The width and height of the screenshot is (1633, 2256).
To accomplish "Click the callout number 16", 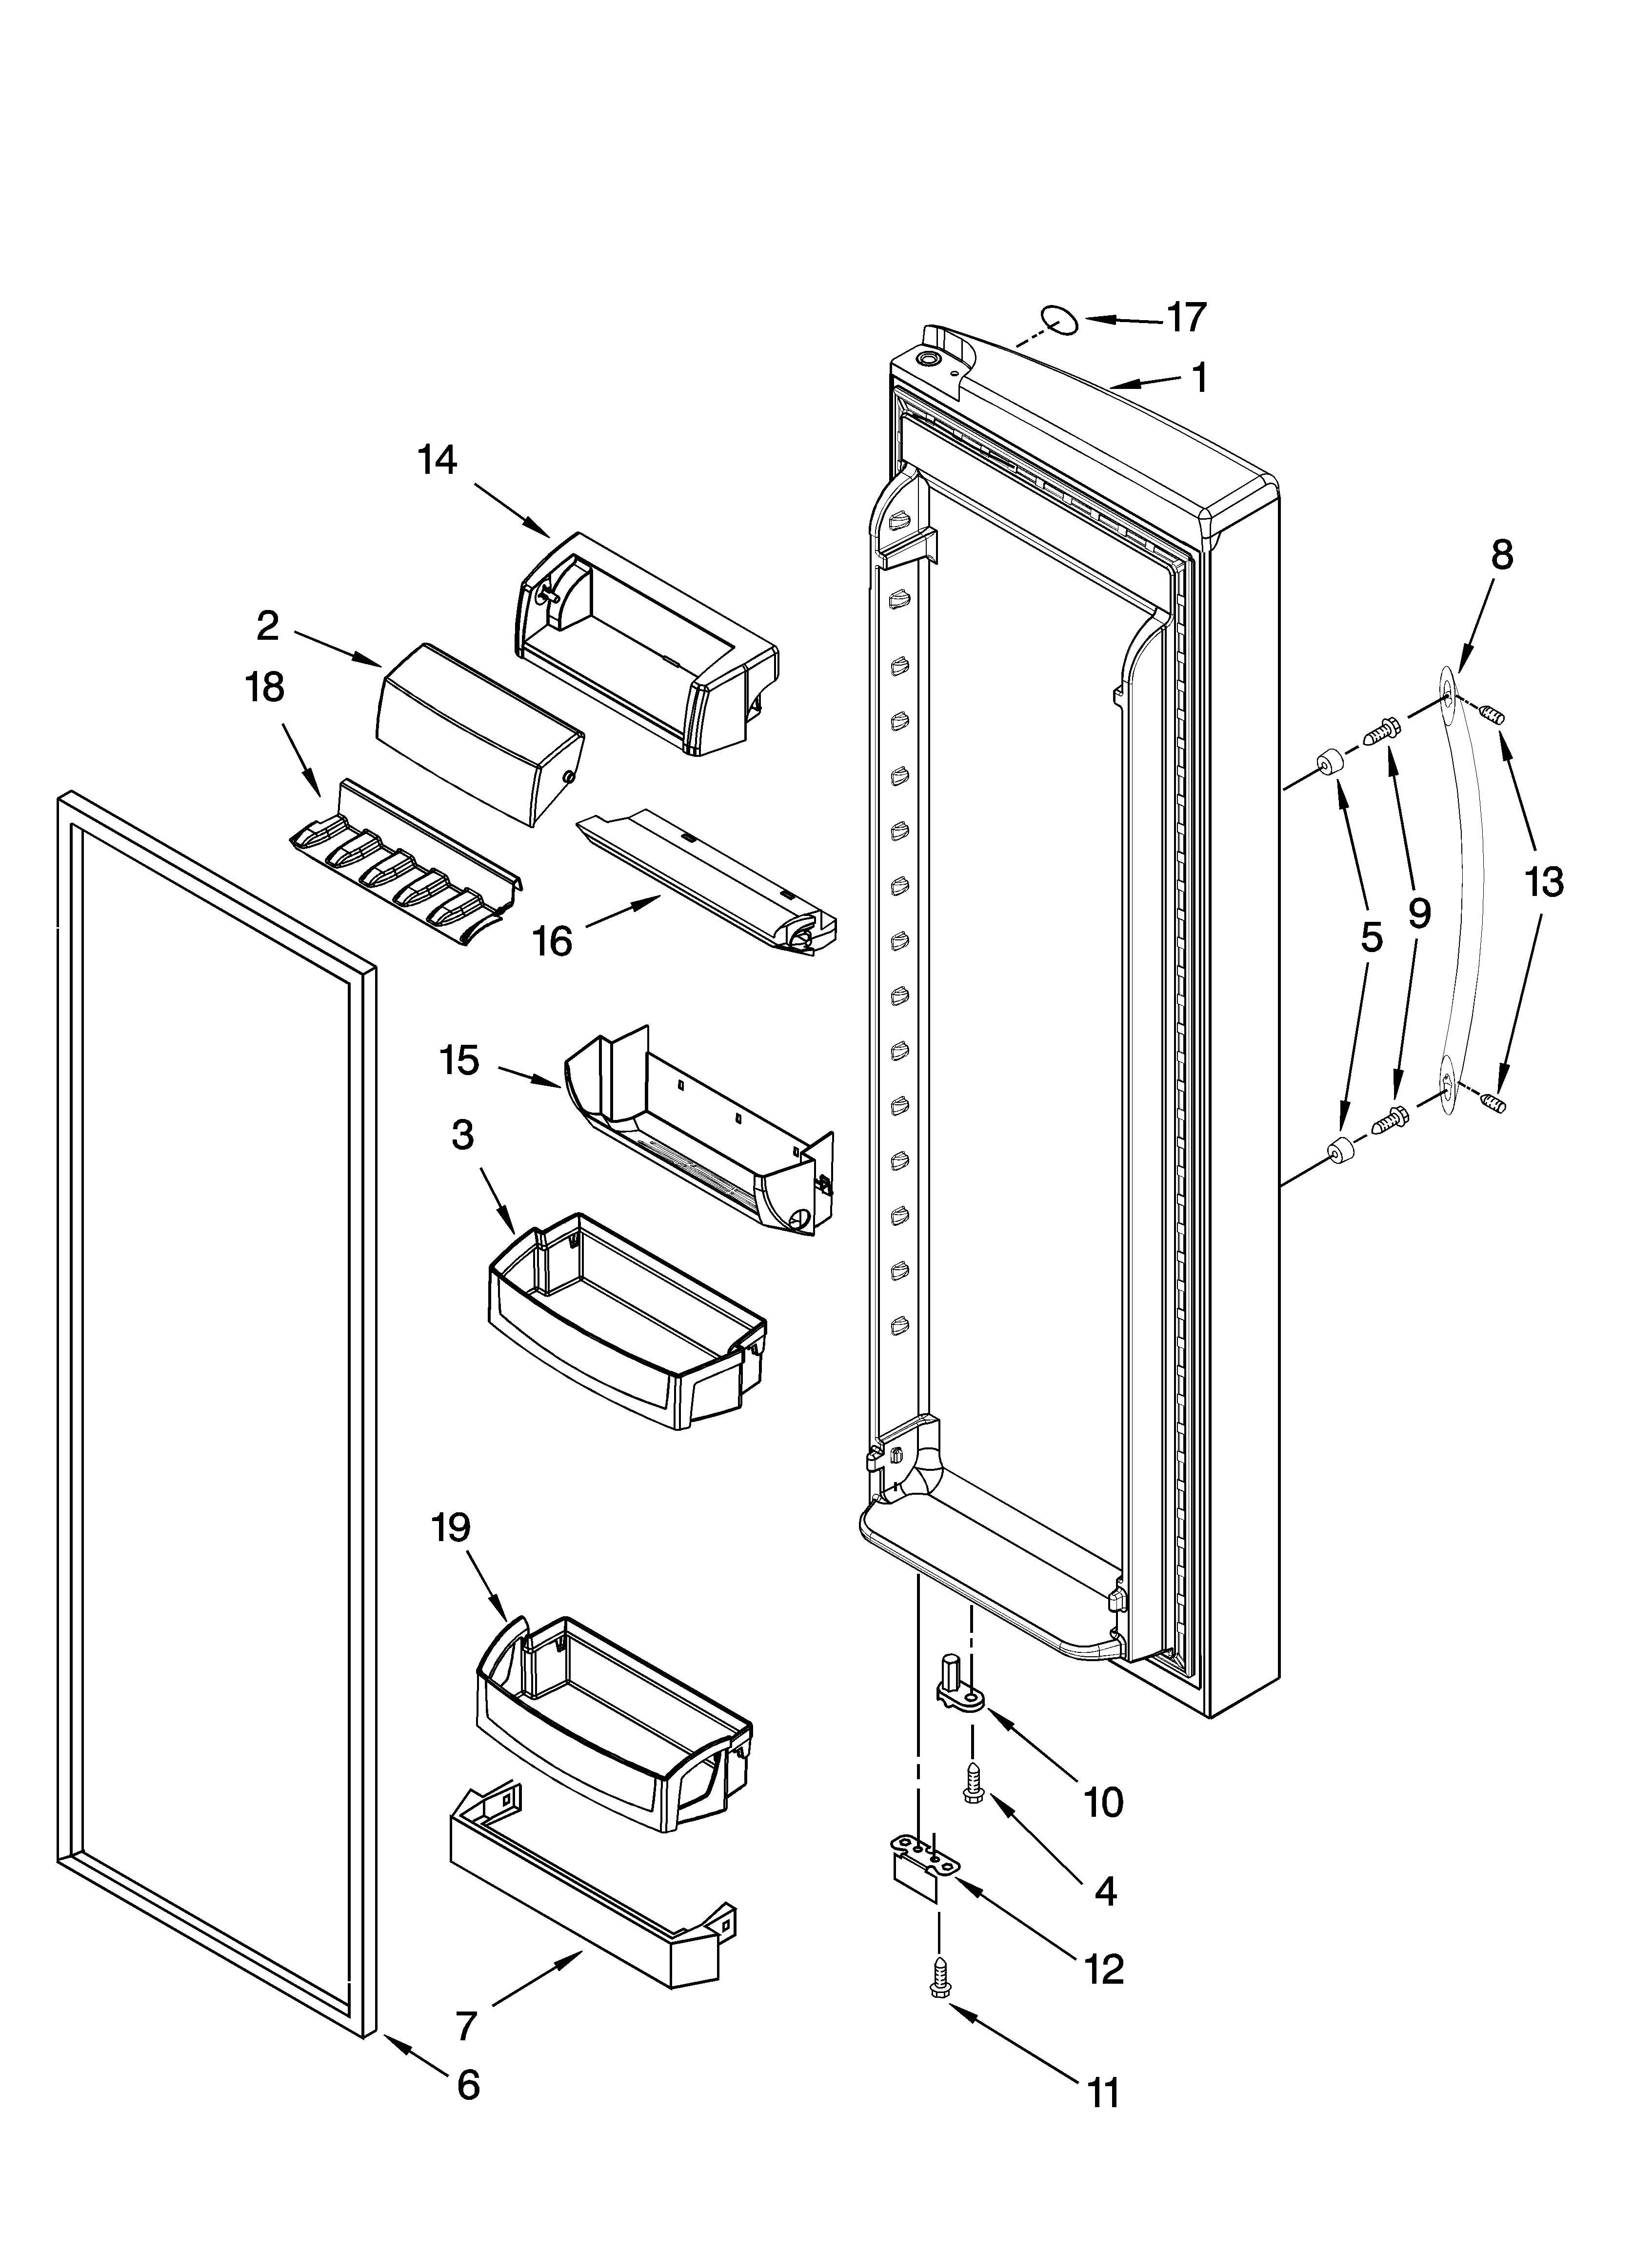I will click(553, 940).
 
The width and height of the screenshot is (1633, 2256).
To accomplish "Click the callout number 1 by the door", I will click(1200, 378).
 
